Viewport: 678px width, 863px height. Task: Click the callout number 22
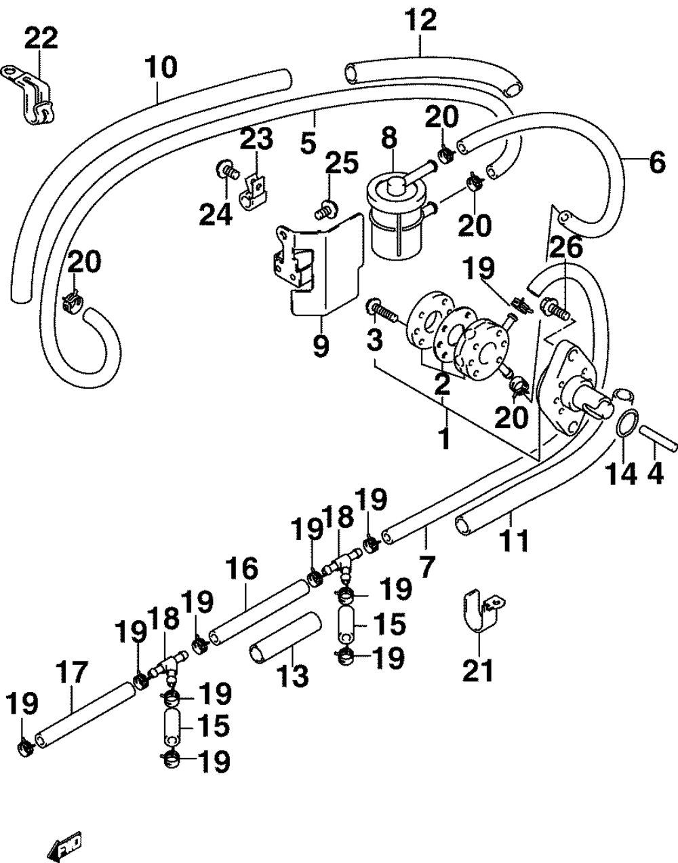click(41, 40)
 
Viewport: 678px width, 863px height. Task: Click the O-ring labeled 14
click(626, 423)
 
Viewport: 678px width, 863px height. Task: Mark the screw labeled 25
click(325, 210)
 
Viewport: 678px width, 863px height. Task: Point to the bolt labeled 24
click(228, 172)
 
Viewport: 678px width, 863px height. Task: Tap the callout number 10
click(161, 68)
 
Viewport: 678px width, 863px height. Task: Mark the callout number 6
click(656, 164)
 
